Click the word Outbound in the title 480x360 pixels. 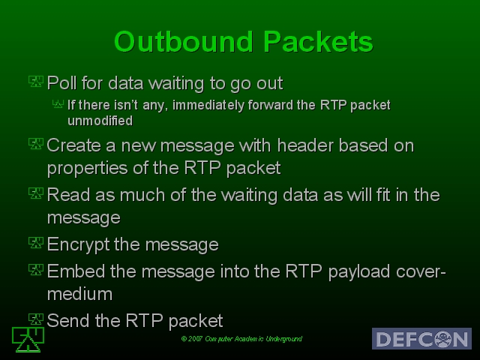pos(184,42)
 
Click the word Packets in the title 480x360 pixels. pos(318,42)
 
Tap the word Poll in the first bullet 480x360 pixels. pos(61,83)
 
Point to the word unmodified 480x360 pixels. pos(100,121)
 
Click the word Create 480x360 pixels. pos(73,145)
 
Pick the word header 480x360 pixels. pos(305,145)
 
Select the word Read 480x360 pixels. pos(68,195)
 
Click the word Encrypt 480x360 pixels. pos(78,245)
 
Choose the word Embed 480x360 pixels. pos(76,271)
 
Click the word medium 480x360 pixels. pos(80,294)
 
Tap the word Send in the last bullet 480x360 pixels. pos(68,320)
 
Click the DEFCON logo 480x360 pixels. pos(421,338)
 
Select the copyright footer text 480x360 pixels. pos(241,339)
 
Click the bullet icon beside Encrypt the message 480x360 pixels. pos(36,243)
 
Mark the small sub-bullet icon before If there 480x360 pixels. pos(58,104)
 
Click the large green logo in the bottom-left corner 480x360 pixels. pos(28,340)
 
